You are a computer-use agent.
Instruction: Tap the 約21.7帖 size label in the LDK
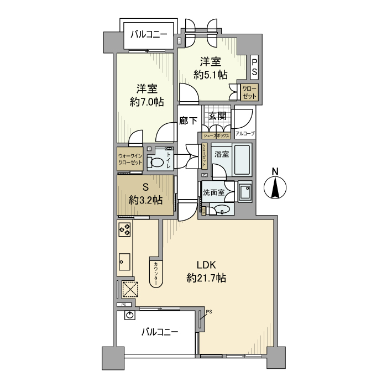[x=206, y=278]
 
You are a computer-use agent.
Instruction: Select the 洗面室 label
[x=213, y=193]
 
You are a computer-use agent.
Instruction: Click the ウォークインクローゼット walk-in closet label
[x=130, y=159]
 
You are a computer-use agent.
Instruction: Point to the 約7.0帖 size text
[x=147, y=102]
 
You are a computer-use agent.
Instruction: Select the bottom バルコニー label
[x=160, y=332]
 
